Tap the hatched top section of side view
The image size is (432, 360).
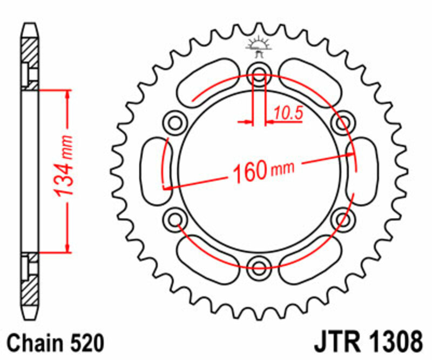tap(30, 54)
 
